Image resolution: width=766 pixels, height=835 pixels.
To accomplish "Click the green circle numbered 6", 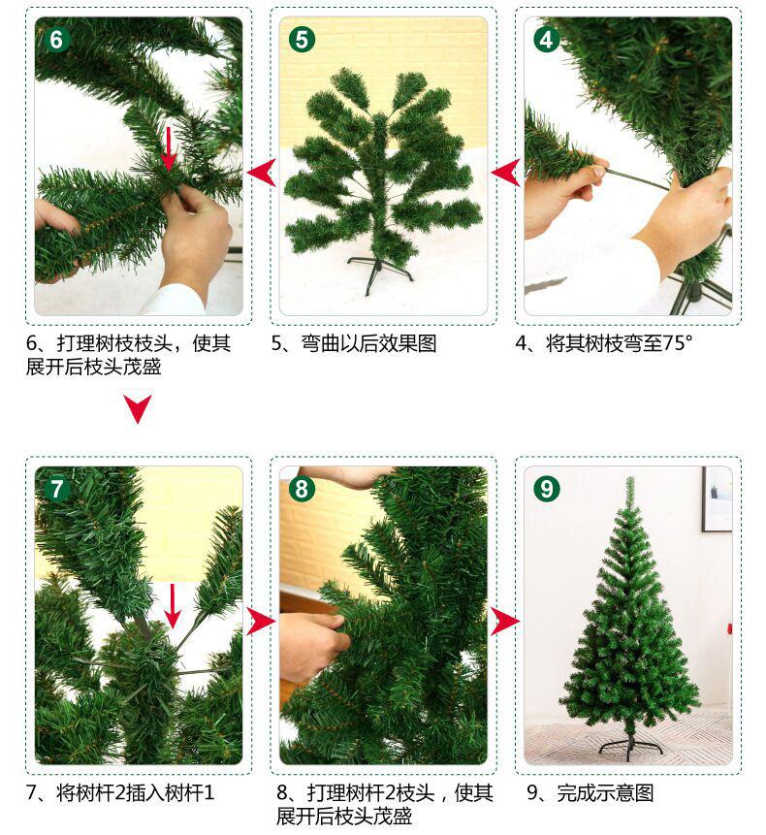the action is [x=56, y=40].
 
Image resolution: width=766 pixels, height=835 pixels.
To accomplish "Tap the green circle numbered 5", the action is [x=302, y=40].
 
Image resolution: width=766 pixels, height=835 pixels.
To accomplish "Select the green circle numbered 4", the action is [x=547, y=40].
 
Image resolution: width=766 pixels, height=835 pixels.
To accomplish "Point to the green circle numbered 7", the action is [x=56, y=489].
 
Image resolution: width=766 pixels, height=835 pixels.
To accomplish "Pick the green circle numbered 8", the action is [x=302, y=489].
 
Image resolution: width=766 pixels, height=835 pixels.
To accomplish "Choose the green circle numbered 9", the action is [x=547, y=489].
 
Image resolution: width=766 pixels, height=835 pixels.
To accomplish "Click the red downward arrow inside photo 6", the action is [x=169, y=148].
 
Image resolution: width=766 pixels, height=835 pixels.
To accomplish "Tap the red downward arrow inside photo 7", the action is [x=172, y=605].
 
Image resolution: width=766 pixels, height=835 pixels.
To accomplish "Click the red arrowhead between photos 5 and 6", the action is [x=262, y=173].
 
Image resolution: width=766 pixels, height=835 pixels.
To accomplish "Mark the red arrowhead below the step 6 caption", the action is [x=138, y=409].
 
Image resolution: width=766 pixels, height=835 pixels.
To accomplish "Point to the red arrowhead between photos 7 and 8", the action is [x=261, y=621].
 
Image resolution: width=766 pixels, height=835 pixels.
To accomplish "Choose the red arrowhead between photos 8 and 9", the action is [x=505, y=621].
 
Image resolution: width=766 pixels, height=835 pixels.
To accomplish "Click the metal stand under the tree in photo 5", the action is [x=379, y=273].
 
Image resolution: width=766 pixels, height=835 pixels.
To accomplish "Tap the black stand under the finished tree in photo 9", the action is [x=631, y=746].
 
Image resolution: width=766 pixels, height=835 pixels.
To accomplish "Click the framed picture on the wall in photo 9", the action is [x=717, y=499].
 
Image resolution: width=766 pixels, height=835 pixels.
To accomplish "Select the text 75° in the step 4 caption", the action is [x=677, y=343].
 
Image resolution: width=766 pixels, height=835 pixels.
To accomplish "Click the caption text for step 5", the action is [x=354, y=343].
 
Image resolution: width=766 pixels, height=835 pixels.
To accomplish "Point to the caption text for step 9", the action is [x=590, y=793].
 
